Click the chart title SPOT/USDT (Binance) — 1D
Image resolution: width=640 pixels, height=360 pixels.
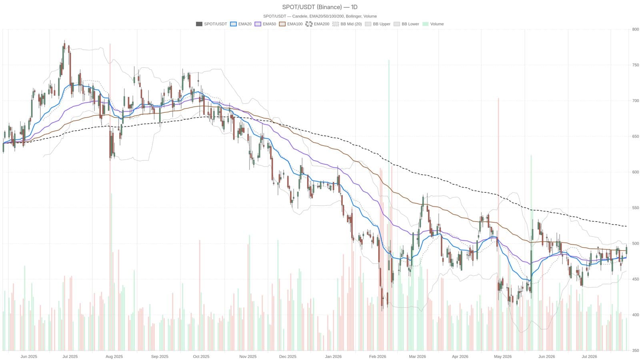[320, 7]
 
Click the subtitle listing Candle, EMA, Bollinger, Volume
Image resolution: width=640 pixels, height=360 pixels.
[320, 16]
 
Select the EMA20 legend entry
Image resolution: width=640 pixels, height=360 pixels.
[241, 24]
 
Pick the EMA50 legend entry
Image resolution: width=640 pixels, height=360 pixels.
[265, 24]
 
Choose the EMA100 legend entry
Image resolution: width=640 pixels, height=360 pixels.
[290, 24]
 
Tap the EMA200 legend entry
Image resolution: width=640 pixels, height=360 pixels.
[318, 24]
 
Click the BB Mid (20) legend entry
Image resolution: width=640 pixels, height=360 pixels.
[347, 24]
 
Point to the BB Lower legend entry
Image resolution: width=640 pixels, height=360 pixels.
[406, 24]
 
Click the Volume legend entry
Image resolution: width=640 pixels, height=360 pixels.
[433, 24]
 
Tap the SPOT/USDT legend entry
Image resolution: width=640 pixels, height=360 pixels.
[212, 24]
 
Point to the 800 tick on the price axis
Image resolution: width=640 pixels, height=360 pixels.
[636, 29]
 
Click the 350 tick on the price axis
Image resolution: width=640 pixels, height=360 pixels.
[636, 350]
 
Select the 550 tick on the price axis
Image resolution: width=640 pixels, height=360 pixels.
[636, 208]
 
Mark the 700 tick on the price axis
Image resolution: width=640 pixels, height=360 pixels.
[636, 100]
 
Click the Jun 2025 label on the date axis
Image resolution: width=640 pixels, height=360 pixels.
[29, 356]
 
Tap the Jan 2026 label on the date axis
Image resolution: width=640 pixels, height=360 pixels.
[333, 356]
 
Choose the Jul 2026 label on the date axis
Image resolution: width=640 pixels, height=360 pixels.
[590, 356]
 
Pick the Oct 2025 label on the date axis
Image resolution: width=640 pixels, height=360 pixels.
[201, 356]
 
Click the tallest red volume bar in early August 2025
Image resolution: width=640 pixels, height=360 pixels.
[110, 197]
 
